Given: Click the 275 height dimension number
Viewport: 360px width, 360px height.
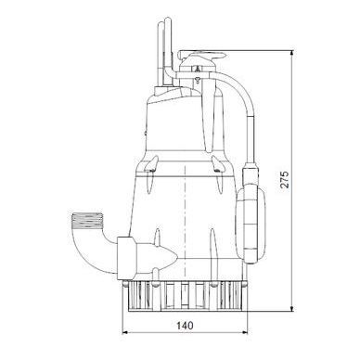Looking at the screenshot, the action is (285, 179).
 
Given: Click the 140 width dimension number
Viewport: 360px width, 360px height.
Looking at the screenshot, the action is (185, 326).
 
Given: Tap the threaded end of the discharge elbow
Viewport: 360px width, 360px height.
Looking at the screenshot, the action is (87, 221).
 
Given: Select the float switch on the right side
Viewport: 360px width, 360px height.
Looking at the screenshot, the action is (251, 225).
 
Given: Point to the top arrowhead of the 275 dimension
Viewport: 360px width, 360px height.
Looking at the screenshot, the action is (291, 53).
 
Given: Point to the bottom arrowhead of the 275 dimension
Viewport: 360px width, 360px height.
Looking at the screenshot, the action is (291, 308).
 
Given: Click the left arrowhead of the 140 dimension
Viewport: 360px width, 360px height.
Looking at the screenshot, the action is (125, 333).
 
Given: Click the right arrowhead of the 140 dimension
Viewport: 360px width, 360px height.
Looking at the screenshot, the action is (245, 333).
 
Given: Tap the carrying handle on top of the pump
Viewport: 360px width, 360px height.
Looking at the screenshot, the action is (202, 57).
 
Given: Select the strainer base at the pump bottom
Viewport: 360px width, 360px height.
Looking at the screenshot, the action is (186, 296).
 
